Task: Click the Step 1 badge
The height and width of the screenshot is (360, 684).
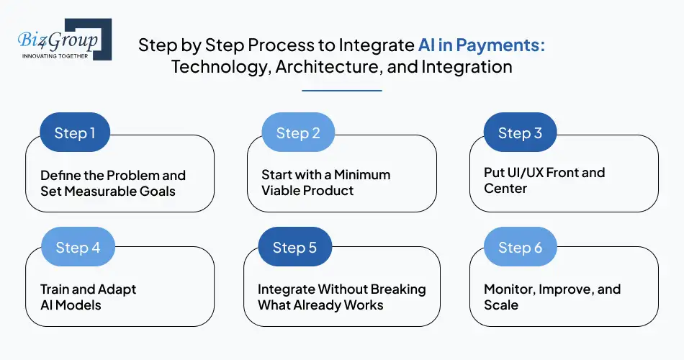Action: coord(75,132)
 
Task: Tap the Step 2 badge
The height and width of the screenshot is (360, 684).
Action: coord(297,132)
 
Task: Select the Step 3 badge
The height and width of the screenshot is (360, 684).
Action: coord(520,132)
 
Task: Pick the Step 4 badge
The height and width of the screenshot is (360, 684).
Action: coord(78,248)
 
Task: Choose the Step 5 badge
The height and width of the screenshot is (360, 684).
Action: coord(294,248)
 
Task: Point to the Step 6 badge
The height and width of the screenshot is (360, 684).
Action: coord(520,248)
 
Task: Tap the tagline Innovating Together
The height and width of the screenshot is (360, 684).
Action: coord(55,55)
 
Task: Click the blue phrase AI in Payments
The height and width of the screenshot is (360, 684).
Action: coord(481,45)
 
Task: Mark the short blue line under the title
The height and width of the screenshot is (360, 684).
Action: coord(341,91)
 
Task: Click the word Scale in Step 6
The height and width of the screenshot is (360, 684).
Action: coord(501,305)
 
